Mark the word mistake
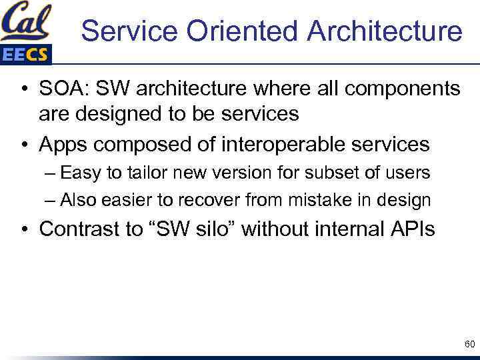[315, 199]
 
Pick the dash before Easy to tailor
[51, 173]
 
